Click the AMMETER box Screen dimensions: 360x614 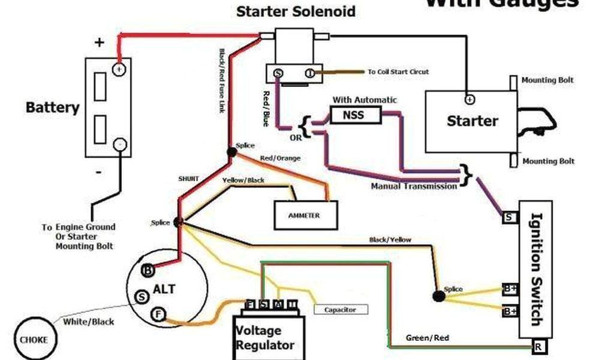[x=305, y=215]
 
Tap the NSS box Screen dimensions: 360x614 [x=355, y=114]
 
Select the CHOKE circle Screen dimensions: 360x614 [x=34, y=339]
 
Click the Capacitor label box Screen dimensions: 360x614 [x=340, y=310]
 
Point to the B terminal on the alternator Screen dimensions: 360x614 [x=147, y=270]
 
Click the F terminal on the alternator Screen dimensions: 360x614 [x=158, y=313]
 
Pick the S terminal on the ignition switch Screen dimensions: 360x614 [x=509, y=217]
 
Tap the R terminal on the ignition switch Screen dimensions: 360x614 [x=538, y=346]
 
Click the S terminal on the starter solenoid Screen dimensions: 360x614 [x=278, y=73]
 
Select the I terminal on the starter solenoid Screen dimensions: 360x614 [x=309, y=73]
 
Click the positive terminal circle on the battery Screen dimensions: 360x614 [x=119, y=70]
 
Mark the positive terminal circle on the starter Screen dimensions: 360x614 [x=469, y=99]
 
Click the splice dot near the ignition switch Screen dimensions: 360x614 [x=438, y=295]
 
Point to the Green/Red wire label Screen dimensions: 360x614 [x=428, y=338]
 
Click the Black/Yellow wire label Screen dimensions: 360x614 [x=390, y=240]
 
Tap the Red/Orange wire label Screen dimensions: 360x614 [x=280, y=158]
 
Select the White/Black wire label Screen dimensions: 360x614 [x=88, y=322]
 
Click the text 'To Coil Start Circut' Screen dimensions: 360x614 [x=399, y=72]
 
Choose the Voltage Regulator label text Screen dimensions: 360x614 [x=265, y=338]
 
